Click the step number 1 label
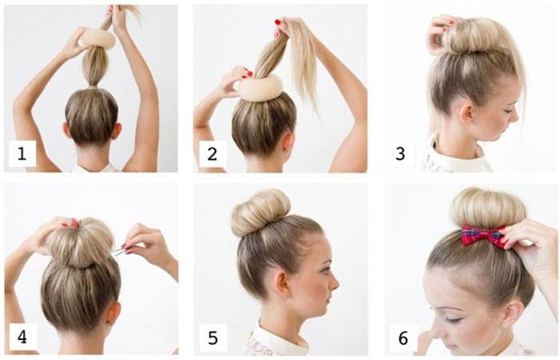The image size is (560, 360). (x=22, y=154)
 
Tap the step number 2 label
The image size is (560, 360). (x=212, y=154)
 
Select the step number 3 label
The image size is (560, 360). (x=400, y=154)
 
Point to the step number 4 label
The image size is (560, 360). (x=22, y=337)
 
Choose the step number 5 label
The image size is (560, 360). (x=213, y=338)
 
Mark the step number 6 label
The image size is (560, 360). (x=403, y=338)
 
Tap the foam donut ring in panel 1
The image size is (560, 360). (x=98, y=38)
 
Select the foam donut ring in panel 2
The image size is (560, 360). (x=260, y=86)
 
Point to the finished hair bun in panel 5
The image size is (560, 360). (x=260, y=212)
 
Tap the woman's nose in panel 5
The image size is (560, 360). (x=334, y=284)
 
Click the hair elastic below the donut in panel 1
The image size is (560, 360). (x=93, y=86)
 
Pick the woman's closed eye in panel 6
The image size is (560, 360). (x=452, y=319)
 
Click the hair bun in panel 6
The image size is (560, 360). (x=488, y=208)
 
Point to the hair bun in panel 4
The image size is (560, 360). (x=80, y=243)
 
